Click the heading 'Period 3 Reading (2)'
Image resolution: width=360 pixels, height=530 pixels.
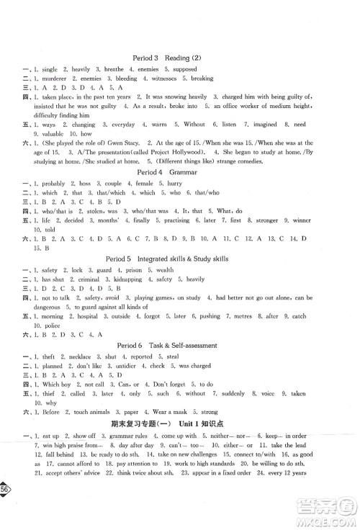point(179,57)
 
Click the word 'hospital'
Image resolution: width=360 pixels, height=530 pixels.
point(82,315)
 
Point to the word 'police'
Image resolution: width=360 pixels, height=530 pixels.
point(48,324)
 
